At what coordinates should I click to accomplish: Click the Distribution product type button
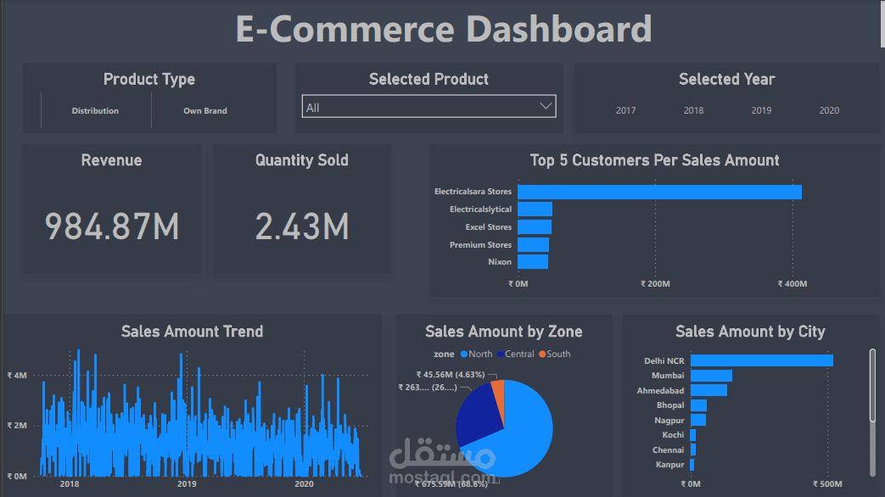click(95, 111)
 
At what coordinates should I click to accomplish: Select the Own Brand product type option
click(205, 111)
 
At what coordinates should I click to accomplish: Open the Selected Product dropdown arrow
click(546, 106)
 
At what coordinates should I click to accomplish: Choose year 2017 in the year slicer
click(626, 111)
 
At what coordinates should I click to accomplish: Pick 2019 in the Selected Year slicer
click(761, 111)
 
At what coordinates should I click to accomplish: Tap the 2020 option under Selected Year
click(829, 111)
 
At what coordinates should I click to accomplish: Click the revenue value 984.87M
click(112, 226)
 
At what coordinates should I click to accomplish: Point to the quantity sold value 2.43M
click(302, 226)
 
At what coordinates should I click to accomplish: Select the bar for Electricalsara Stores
click(659, 192)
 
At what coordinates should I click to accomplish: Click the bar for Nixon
click(533, 262)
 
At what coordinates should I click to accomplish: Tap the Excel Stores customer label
click(489, 227)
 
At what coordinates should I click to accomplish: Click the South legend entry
click(557, 354)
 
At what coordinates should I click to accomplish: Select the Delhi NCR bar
click(761, 360)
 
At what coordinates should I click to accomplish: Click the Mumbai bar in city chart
click(711, 376)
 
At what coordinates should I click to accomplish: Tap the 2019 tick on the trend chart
click(187, 484)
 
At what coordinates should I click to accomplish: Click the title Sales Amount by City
click(750, 332)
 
